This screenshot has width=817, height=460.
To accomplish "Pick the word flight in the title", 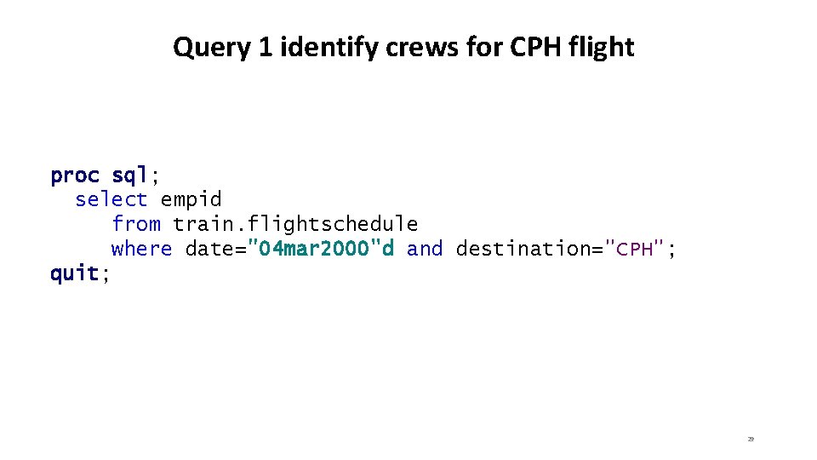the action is pyautogui.click(x=602, y=48).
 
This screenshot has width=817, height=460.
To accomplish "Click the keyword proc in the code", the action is pyautogui.click(x=75, y=175).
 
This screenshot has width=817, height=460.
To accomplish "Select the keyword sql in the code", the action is pyautogui.click(x=130, y=175).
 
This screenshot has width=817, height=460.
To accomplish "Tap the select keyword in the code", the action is pyautogui.click(x=111, y=200).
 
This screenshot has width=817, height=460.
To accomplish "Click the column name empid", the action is pyautogui.click(x=191, y=200).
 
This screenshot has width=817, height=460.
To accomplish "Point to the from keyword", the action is pyautogui.click(x=136, y=224).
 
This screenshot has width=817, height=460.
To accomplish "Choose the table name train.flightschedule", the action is pyautogui.click(x=295, y=224).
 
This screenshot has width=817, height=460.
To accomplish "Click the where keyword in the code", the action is pyautogui.click(x=142, y=249).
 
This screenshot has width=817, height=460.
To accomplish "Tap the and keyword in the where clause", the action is pyautogui.click(x=425, y=249).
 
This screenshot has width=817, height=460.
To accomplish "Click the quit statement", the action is pyautogui.click(x=75, y=273).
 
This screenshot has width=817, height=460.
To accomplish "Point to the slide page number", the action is pyautogui.click(x=751, y=439).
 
